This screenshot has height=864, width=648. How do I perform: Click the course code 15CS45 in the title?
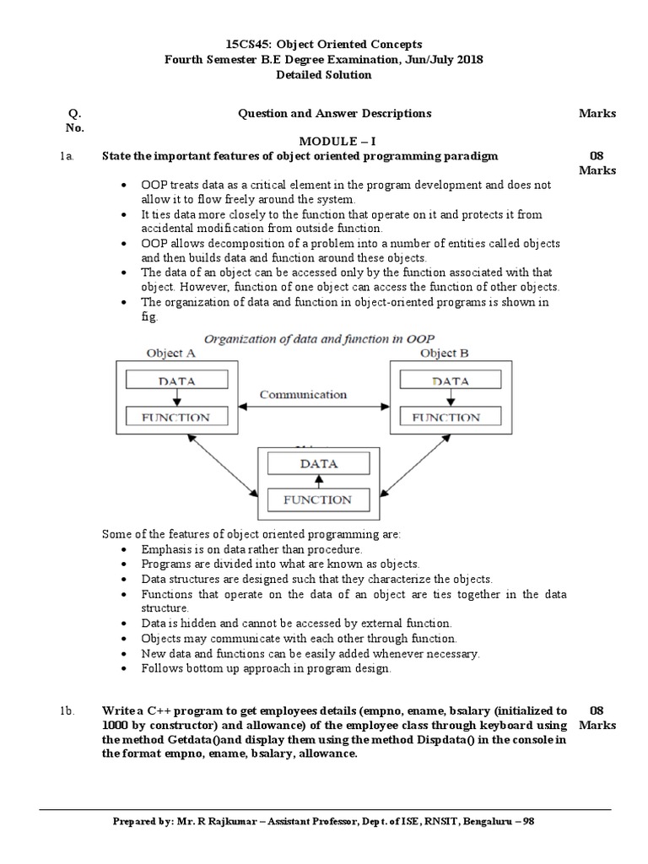[251, 44]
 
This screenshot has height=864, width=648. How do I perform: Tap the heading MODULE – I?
[323, 141]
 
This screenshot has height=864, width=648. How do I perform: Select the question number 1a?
[67, 156]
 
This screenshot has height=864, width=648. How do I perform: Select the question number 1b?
[68, 711]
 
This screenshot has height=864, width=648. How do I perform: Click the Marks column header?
[597, 113]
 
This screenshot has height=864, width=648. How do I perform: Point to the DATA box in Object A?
[177, 381]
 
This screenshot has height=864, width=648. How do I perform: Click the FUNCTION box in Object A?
[177, 417]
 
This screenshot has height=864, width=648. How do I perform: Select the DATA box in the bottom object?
[318, 463]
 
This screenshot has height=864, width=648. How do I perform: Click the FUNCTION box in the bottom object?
[318, 499]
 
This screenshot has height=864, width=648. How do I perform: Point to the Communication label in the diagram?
[303, 394]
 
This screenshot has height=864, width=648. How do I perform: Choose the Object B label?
[449, 353]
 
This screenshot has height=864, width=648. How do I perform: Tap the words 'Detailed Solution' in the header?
[323, 74]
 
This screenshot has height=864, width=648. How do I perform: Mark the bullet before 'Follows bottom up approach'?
[125, 669]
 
